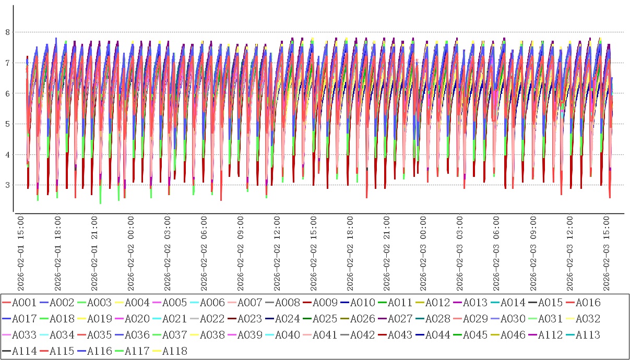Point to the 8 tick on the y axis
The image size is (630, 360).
(7, 32)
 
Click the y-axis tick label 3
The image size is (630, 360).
(7, 185)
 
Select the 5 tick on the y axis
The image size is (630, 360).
(7, 124)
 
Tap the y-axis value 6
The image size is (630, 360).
(7, 93)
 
